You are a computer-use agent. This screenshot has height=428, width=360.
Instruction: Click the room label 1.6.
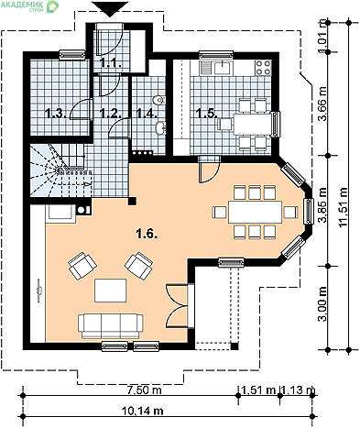[x=147, y=235]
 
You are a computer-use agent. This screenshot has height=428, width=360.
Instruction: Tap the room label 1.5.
[x=207, y=114]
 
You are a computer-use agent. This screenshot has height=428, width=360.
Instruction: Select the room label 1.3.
[x=56, y=114]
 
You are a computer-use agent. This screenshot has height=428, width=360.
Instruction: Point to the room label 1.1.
[x=112, y=63]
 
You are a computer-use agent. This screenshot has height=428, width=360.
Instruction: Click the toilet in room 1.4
[x=158, y=100]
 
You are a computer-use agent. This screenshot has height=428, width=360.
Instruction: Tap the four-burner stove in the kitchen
[x=263, y=68]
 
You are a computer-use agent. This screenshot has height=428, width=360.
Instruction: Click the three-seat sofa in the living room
[x=111, y=326]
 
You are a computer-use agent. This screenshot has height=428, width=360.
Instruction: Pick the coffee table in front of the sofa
[x=111, y=291]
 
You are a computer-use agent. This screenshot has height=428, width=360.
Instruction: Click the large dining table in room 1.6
[x=256, y=212]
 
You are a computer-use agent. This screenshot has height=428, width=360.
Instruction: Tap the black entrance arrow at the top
[x=110, y=9]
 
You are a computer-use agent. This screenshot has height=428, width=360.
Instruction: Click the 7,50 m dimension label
[x=144, y=390]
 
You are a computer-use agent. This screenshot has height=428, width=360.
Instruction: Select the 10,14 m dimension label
[x=142, y=411]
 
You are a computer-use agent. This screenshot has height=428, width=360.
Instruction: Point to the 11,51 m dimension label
[x=343, y=207]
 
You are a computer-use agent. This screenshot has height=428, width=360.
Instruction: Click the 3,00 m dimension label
[x=322, y=304]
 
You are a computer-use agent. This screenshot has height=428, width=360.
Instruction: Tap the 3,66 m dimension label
[x=322, y=104]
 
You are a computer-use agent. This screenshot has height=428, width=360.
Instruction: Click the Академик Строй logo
[x=30, y=5]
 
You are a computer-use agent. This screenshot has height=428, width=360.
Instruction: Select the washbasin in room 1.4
[x=160, y=127]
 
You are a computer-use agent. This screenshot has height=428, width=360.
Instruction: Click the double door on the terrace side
[x=180, y=306]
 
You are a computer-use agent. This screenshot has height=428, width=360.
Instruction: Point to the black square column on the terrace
[x=235, y=346]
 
